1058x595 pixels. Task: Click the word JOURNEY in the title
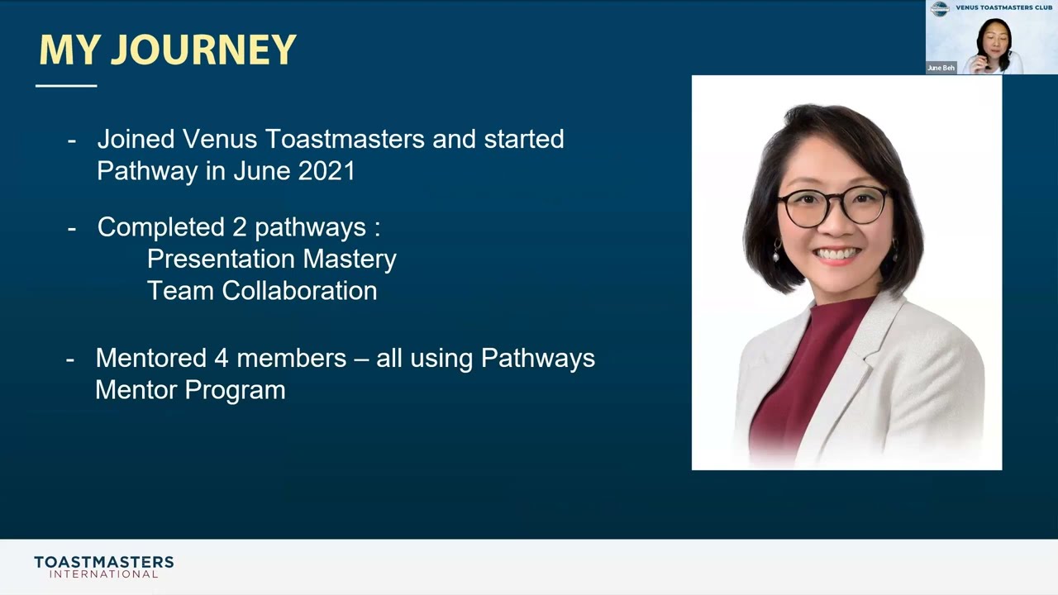click(203, 50)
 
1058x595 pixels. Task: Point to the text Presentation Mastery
click(271, 259)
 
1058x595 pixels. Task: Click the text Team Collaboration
click(261, 291)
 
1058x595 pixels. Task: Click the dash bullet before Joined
click(72, 140)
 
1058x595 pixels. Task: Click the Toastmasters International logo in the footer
click(103, 567)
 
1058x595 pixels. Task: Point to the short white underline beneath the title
click(66, 85)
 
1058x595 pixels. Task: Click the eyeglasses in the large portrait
click(833, 205)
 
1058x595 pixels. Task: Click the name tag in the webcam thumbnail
click(941, 68)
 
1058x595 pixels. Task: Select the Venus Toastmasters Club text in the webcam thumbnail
click(1003, 7)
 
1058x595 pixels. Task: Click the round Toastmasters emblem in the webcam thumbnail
click(940, 9)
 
